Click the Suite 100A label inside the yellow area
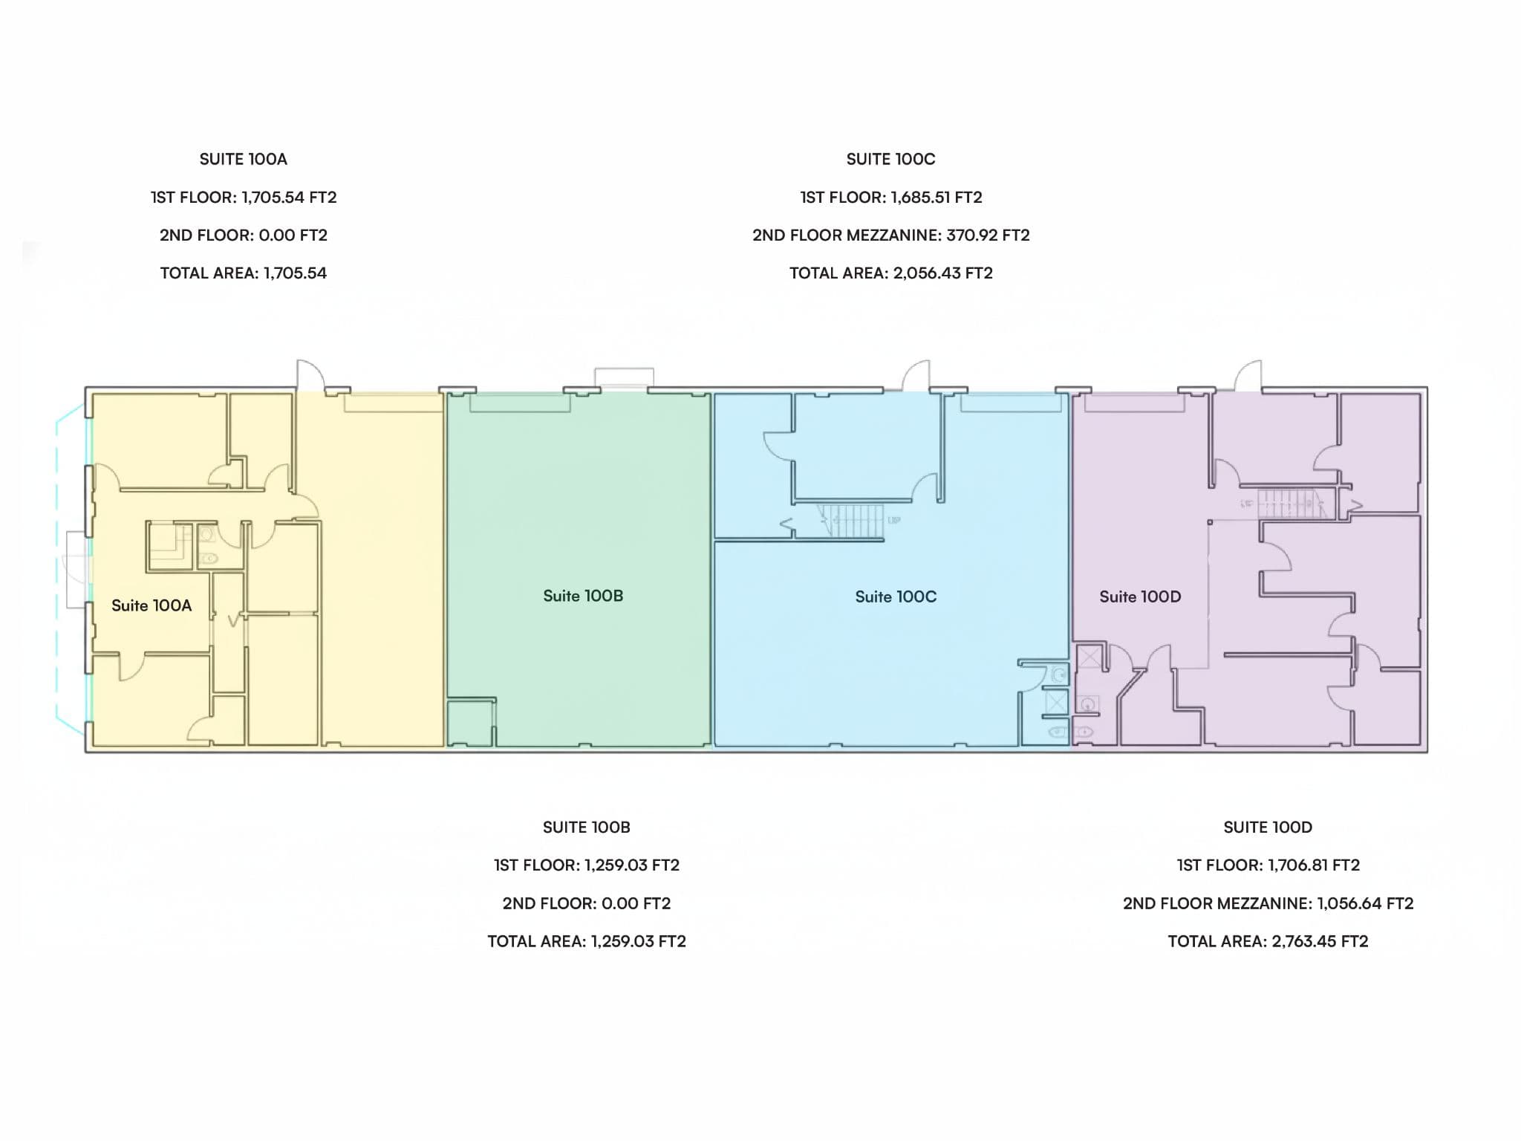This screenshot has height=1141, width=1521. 152,605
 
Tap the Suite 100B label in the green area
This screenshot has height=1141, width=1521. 583,596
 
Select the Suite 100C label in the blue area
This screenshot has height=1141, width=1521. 896,596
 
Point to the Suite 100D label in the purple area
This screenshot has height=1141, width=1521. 1140,596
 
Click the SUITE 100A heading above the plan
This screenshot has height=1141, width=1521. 244,159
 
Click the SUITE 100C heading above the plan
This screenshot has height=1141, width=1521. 890,159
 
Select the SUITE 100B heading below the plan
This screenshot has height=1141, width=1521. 586,827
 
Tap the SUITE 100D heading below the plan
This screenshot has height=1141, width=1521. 1268,827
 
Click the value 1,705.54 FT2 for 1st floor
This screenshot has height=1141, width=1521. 289,198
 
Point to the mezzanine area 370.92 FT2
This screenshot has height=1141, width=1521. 988,235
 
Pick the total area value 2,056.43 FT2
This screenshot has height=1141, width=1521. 942,273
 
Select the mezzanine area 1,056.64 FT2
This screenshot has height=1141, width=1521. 1365,903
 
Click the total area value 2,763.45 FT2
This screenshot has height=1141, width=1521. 1320,941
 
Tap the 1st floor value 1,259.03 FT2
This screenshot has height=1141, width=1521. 632,865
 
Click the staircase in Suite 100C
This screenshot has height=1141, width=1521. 851,520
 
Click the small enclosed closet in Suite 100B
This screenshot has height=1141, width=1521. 471,722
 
